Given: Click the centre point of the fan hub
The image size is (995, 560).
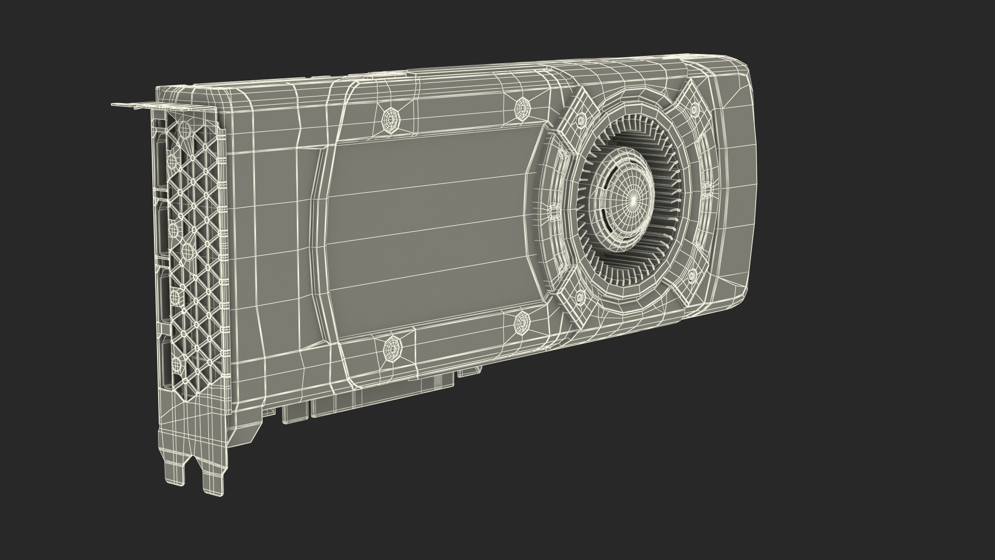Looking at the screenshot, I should [633, 199].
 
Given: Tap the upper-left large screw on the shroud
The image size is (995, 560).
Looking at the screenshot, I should [389, 120].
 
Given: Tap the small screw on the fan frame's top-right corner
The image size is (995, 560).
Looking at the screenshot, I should [693, 109].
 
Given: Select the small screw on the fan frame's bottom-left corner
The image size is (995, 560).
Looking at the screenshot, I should [580, 296].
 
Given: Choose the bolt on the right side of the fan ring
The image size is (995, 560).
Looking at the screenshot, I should [706, 191].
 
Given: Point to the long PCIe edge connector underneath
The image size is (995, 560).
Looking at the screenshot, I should [383, 399].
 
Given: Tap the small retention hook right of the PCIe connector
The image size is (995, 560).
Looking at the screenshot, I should [469, 370].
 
